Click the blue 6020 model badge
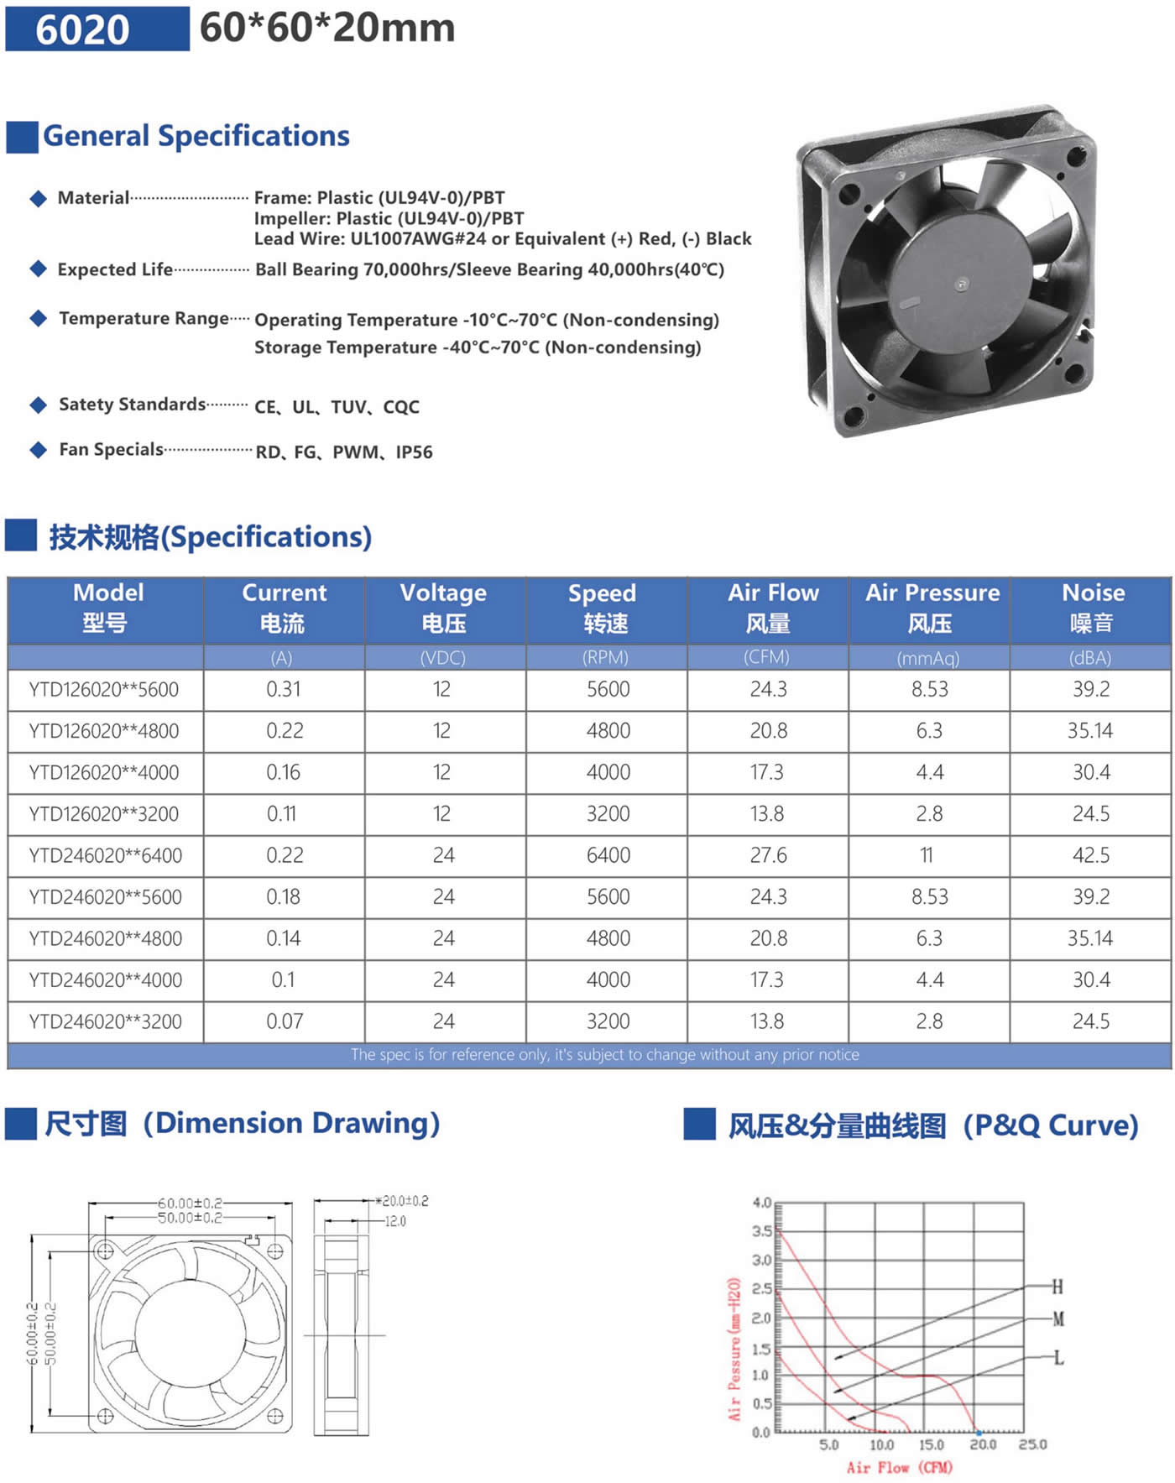97,29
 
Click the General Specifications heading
196,136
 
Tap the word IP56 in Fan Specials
414,452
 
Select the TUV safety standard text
348,407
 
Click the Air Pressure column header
932,607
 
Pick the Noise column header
1093,607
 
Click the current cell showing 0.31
284,690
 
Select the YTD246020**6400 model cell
106,856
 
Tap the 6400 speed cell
608,856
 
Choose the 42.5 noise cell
1091,856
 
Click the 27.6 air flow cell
768,856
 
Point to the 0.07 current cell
284,1022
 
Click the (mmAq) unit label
928,659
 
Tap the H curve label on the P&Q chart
1057,1287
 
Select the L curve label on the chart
1058,1357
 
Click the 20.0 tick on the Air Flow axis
983,1444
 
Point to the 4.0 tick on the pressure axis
761,1203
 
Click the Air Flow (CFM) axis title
899,1467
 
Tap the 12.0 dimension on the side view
395,1221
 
